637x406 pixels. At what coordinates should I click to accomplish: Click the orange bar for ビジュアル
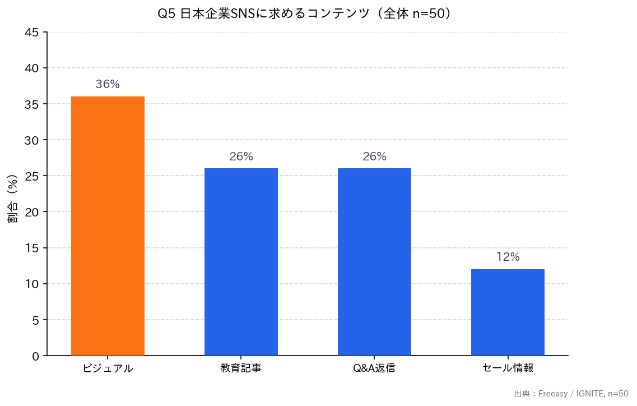pyautogui.click(x=108, y=226)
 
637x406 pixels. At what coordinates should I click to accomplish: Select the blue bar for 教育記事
pyautogui.click(x=241, y=262)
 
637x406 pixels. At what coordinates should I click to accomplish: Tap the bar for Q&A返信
pyautogui.click(x=374, y=262)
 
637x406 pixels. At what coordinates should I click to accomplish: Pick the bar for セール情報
pyautogui.click(x=508, y=312)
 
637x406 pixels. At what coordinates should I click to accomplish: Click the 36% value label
pyautogui.click(x=108, y=85)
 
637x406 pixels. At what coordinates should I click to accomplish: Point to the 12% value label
pyautogui.click(x=508, y=257)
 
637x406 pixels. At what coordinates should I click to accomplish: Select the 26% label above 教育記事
pyautogui.click(x=241, y=157)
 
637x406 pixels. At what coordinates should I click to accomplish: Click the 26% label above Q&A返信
pyautogui.click(x=374, y=157)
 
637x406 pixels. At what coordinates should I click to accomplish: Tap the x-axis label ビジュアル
pyautogui.click(x=108, y=368)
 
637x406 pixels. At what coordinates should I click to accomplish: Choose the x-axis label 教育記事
pyautogui.click(x=241, y=368)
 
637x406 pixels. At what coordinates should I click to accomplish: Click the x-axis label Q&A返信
pyautogui.click(x=374, y=368)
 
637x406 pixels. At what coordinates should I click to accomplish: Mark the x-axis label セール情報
pyautogui.click(x=508, y=368)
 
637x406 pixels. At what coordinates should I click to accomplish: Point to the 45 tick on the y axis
pyautogui.click(x=32, y=33)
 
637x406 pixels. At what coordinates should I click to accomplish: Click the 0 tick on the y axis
pyautogui.click(x=36, y=356)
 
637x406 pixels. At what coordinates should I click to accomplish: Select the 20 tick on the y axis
pyautogui.click(x=32, y=212)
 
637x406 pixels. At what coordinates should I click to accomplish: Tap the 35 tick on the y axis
pyautogui.click(x=32, y=104)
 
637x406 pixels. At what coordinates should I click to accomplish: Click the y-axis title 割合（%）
pyautogui.click(x=13, y=199)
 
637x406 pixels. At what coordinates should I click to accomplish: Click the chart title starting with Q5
pyautogui.click(x=305, y=14)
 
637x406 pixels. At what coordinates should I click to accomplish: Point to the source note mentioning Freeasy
pyautogui.click(x=571, y=394)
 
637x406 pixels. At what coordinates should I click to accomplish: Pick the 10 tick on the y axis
pyautogui.click(x=32, y=284)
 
